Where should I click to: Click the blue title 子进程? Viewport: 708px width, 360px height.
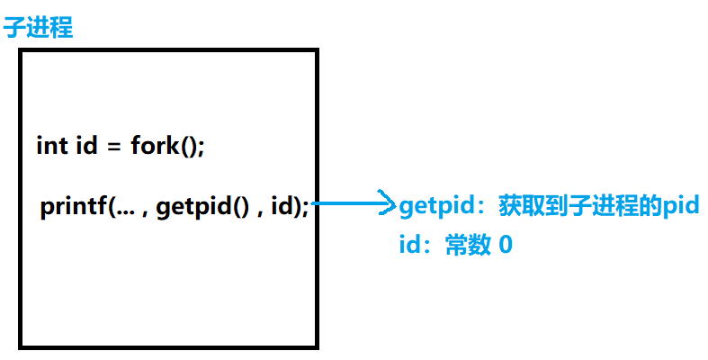[x=38, y=27]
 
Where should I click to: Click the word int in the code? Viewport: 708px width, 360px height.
[x=50, y=145]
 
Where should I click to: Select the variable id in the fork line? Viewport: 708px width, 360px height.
[x=86, y=145]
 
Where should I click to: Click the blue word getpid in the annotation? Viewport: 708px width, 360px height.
[x=430, y=207]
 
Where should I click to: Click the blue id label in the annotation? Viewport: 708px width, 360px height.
[x=409, y=244]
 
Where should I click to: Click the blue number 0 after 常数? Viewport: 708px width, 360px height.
[x=505, y=244]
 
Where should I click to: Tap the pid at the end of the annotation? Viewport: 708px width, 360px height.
[x=681, y=206]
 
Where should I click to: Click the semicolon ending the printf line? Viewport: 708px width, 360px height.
[x=306, y=209]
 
